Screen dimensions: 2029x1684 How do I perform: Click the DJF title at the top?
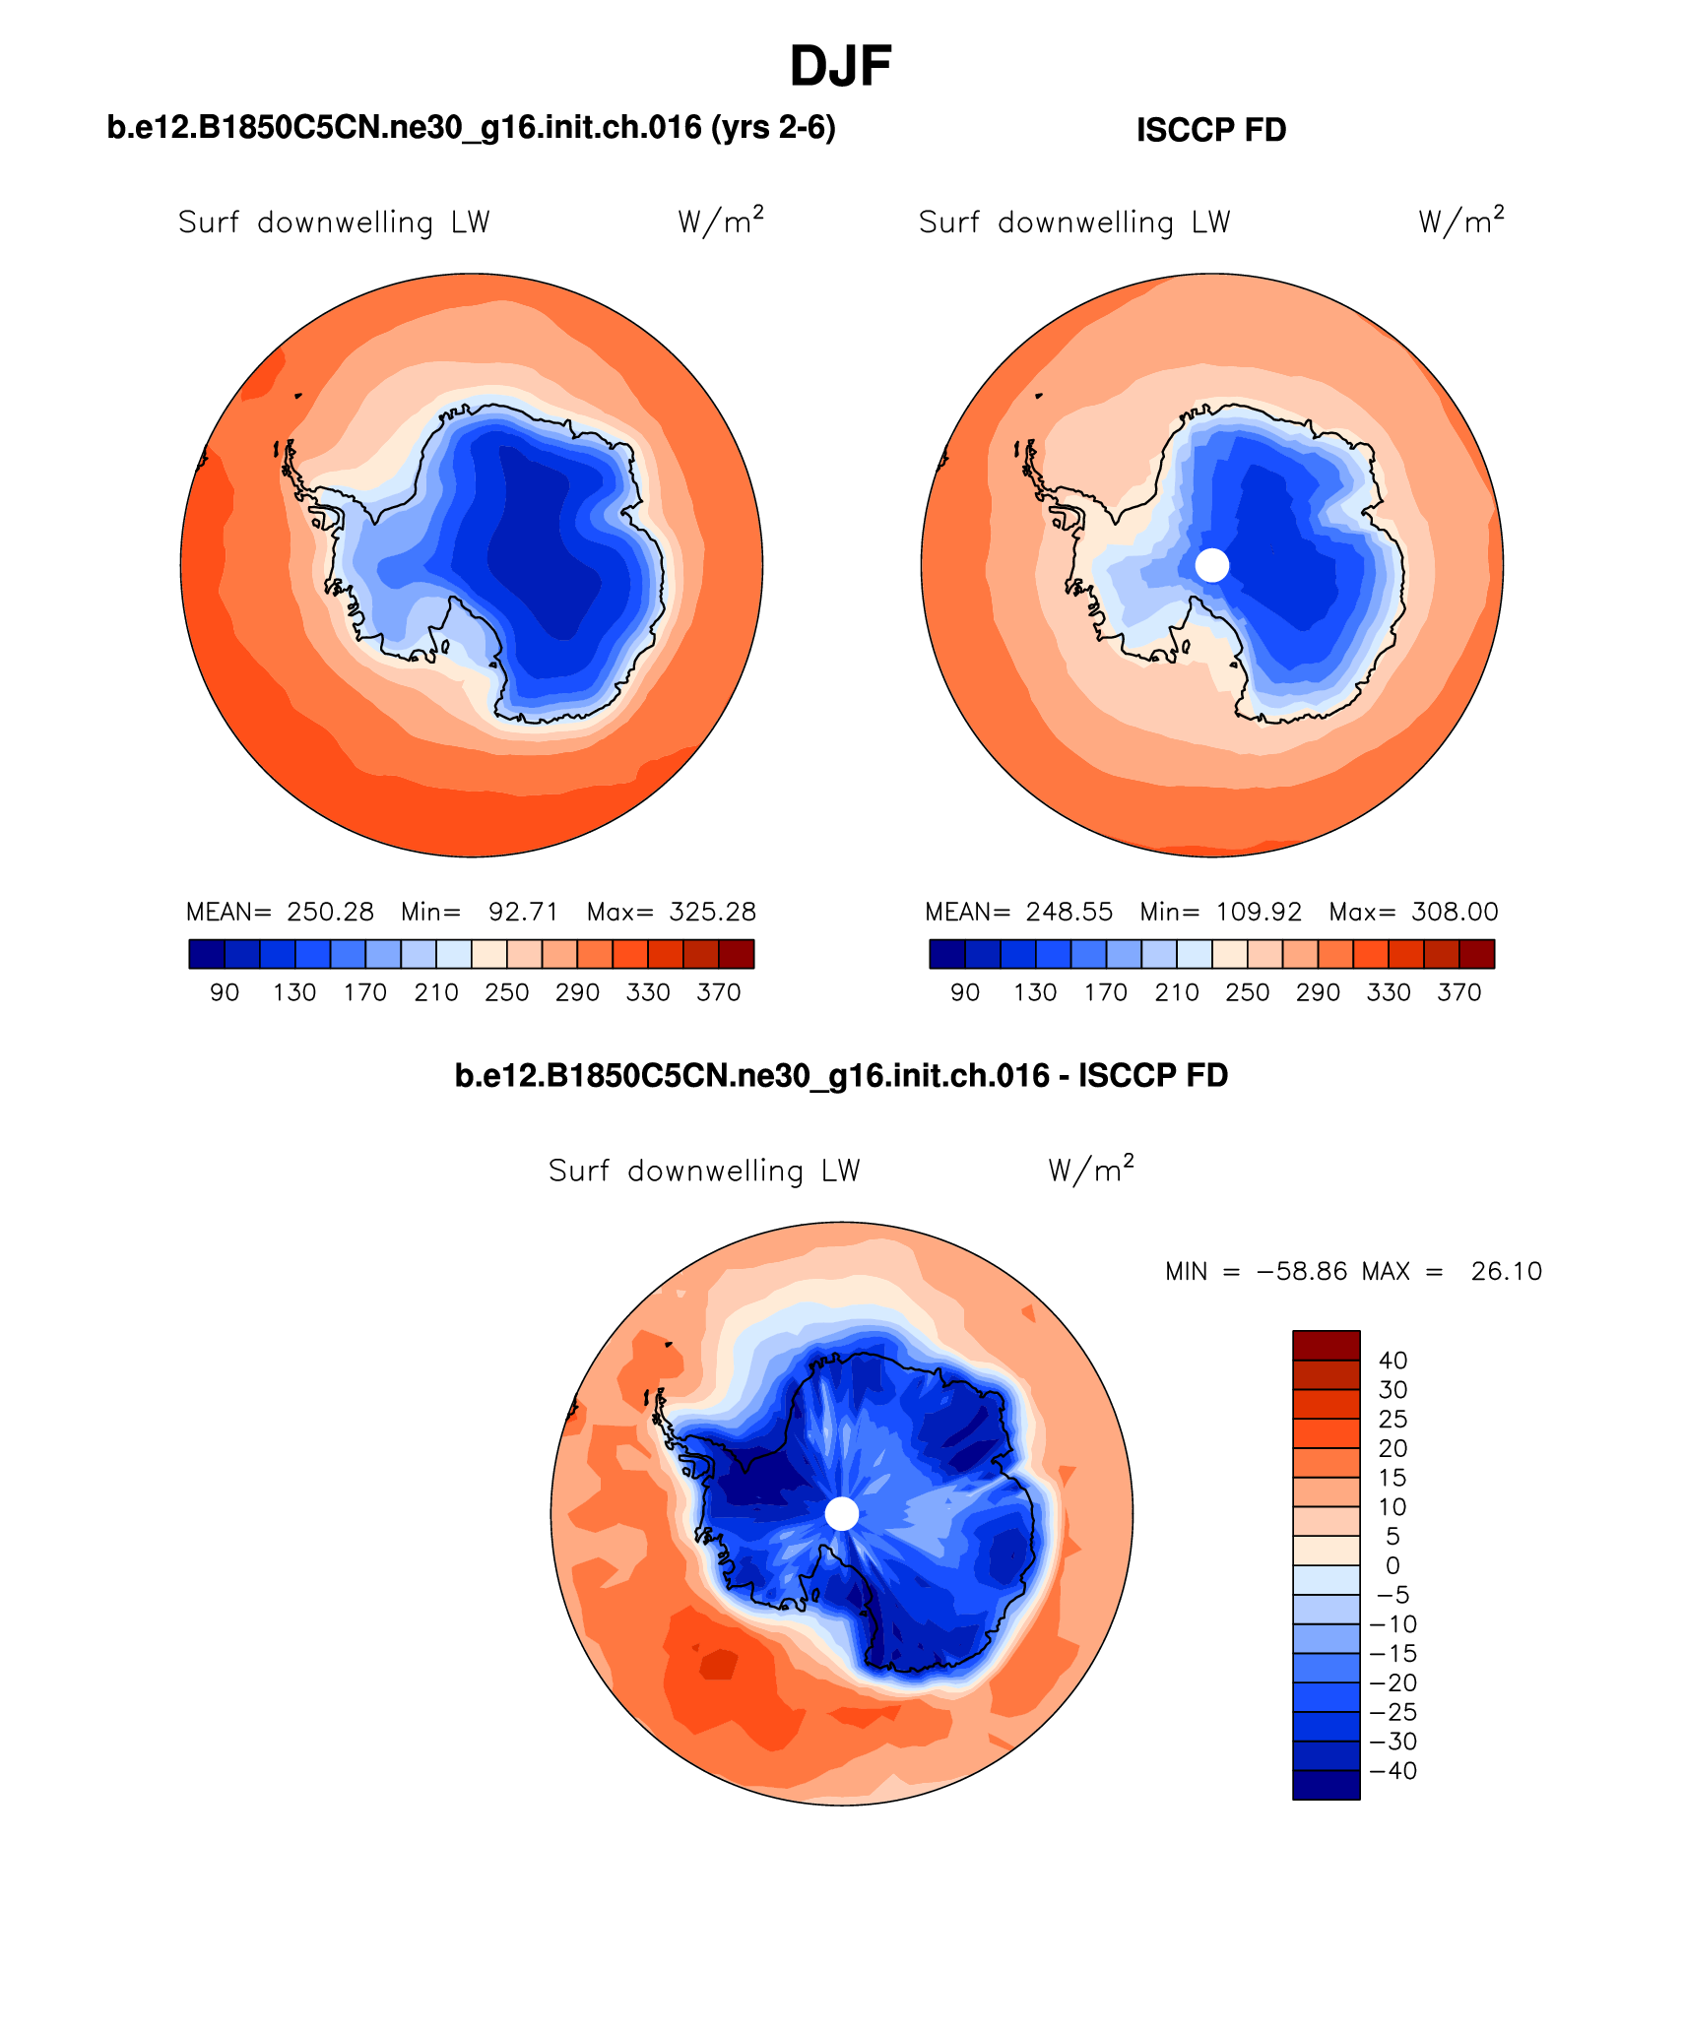[840, 67]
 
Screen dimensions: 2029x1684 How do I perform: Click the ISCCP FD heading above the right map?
[1210, 130]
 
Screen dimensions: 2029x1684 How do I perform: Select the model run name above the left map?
[471, 127]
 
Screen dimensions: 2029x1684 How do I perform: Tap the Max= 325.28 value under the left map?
[672, 912]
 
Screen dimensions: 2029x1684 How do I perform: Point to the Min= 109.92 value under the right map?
[1220, 912]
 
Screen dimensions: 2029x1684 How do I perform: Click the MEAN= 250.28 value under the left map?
[281, 912]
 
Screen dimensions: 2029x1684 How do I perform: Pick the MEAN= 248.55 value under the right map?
[1019, 912]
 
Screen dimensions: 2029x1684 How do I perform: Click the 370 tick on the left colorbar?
[718, 992]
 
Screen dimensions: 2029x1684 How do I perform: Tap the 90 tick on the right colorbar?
[964, 992]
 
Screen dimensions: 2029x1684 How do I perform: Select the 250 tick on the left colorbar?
[506, 992]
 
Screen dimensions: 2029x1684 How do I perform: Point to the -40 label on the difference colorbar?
[1393, 1771]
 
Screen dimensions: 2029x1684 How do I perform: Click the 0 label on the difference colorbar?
[1392, 1566]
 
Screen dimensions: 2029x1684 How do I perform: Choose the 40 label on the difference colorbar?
[1393, 1361]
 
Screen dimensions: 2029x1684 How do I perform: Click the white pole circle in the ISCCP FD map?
[1211, 565]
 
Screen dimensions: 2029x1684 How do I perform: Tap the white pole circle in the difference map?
[841, 1514]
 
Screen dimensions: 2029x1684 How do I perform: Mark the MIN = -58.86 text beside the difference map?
[1255, 1272]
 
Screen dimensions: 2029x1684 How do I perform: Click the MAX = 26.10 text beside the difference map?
[1452, 1272]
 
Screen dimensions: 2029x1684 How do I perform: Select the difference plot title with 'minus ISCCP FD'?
[841, 1075]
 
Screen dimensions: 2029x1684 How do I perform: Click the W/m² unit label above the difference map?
[1090, 1170]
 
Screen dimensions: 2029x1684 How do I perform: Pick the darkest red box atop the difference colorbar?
[1326, 1345]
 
